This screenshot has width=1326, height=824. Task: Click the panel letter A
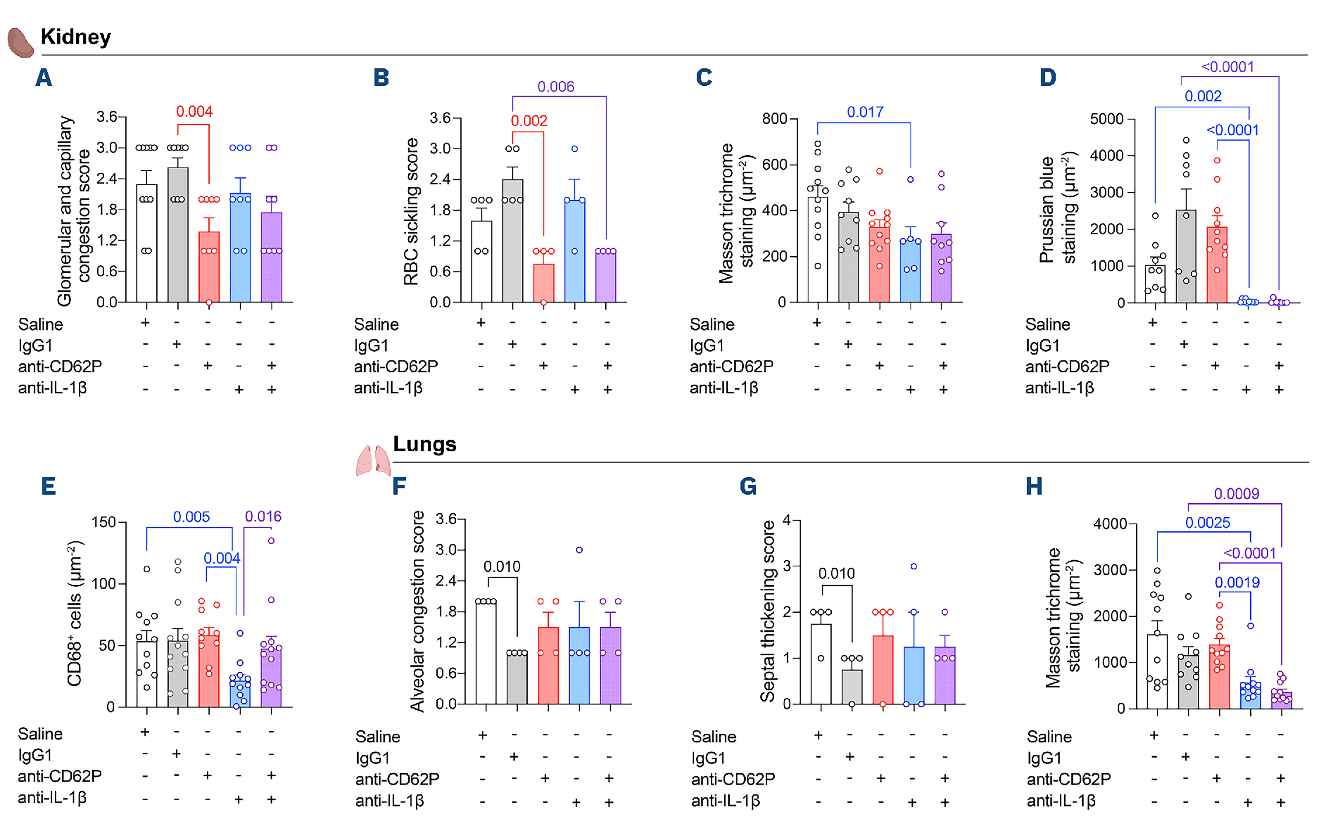click(44, 77)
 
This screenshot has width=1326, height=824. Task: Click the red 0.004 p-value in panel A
click(194, 112)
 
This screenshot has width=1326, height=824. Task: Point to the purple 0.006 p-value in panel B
click(555, 87)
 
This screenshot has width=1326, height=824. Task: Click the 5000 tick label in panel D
click(1106, 119)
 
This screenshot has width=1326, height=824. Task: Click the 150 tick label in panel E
click(104, 522)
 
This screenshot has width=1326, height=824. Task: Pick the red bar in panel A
click(209, 267)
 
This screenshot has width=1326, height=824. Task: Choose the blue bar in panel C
click(910, 270)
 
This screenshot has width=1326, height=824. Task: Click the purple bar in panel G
click(945, 675)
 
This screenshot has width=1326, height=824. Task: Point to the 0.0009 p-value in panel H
click(1236, 494)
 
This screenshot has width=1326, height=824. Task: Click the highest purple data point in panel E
click(271, 541)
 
